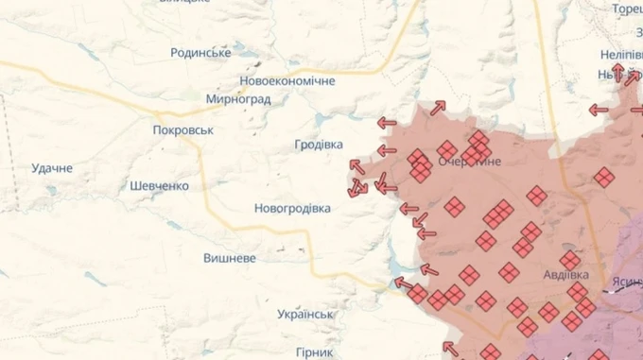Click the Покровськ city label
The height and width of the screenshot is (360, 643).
click(183, 130)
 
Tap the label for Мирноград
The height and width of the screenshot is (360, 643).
click(238, 98)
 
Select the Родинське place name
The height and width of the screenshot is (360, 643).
click(200, 53)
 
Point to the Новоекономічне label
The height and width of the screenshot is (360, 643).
click(287, 81)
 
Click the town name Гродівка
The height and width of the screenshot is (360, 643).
click(319, 145)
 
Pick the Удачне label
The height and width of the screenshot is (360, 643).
click(52, 168)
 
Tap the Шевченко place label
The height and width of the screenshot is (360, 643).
click(159, 186)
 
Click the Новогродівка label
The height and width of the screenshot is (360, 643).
click(292, 208)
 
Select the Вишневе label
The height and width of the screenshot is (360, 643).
click(230, 257)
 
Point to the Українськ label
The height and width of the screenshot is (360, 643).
click(305, 314)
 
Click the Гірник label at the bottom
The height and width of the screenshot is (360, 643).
click(313, 351)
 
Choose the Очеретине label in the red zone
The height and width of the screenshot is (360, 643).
click(469, 162)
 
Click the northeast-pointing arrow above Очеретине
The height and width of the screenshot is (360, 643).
click(438, 109)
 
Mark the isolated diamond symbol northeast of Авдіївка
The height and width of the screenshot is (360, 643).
click(604, 176)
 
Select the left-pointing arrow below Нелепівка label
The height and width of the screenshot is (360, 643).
click(598, 110)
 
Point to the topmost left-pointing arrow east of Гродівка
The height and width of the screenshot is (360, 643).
click(386, 123)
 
